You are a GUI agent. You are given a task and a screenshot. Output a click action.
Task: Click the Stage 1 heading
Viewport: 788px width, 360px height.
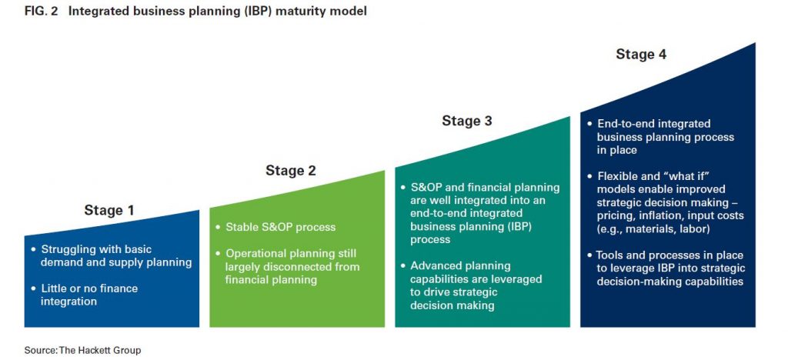tap(109, 210)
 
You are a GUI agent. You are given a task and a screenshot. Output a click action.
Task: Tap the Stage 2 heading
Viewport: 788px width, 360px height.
tap(290, 171)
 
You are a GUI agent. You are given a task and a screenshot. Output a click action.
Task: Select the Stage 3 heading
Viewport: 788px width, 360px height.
tap(467, 121)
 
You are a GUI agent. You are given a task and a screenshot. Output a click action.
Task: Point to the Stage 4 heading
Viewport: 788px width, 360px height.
tap(641, 54)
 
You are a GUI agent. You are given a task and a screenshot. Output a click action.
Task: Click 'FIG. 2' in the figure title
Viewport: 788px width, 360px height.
tap(41, 11)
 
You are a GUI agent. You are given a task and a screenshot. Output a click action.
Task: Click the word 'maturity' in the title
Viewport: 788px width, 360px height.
tap(302, 11)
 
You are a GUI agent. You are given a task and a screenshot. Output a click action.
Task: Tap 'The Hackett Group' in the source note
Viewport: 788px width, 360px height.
tap(100, 350)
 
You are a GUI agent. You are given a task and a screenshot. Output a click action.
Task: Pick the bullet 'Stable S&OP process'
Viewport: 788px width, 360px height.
tap(275, 227)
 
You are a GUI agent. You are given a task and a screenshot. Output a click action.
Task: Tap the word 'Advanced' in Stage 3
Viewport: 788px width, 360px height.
tap(436, 265)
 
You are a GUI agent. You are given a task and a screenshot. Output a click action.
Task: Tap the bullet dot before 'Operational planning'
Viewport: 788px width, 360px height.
tap(218, 254)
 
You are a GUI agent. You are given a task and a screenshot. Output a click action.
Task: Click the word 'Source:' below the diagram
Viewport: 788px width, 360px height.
tap(41, 350)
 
